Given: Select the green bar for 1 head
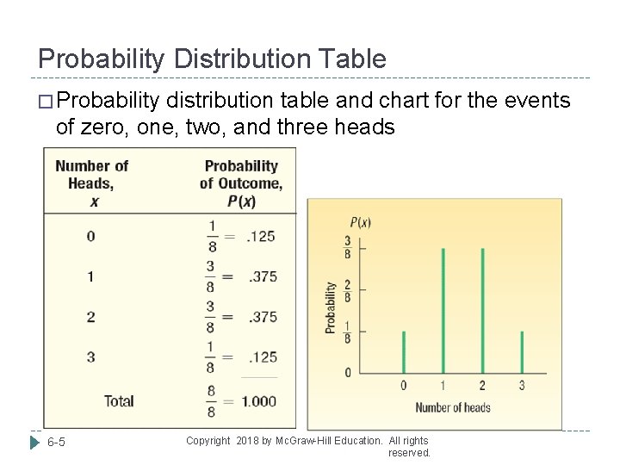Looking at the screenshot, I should click(x=443, y=310).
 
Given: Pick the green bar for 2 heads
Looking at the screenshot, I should click(x=482, y=310).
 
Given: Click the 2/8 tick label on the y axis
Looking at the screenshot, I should click(x=348, y=289).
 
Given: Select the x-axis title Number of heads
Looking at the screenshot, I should click(x=452, y=407).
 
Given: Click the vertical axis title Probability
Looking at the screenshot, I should click(x=332, y=307).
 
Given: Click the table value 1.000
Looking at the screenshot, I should click(x=259, y=401).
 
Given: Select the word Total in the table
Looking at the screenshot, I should click(x=118, y=400).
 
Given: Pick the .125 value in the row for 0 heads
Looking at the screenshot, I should click(x=260, y=237).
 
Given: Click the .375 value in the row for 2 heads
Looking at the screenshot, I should click(x=260, y=317).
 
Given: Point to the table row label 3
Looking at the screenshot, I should click(x=90, y=356).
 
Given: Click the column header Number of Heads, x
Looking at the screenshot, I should click(x=91, y=183).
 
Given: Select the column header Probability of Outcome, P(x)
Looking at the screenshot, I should click(x=241, y=183).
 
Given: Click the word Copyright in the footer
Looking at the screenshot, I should click(x=208, y=441).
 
